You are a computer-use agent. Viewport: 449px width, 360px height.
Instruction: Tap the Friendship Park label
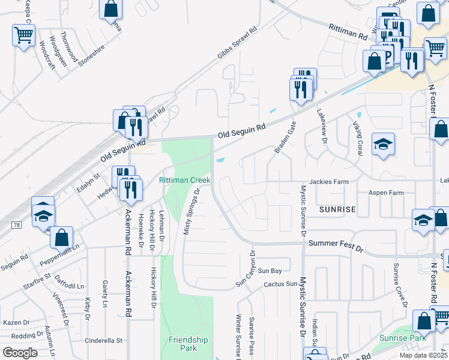(188, 344)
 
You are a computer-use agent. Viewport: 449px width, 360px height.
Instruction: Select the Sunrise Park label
(402, 338)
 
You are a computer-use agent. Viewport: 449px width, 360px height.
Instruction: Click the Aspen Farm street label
(386, 193)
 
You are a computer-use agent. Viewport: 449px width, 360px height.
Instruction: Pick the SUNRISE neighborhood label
(337, 209)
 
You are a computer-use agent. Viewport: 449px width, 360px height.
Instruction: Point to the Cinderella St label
(103, 340)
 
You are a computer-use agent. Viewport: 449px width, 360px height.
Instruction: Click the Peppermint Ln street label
(59, 256)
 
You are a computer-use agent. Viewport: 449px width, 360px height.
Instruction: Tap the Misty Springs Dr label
(191, 211)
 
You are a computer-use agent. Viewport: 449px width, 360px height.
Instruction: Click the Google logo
(20, 353)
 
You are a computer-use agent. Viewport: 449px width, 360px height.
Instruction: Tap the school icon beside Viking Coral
(383, 144)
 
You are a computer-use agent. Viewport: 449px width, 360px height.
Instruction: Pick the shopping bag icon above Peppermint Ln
(62, 238)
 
